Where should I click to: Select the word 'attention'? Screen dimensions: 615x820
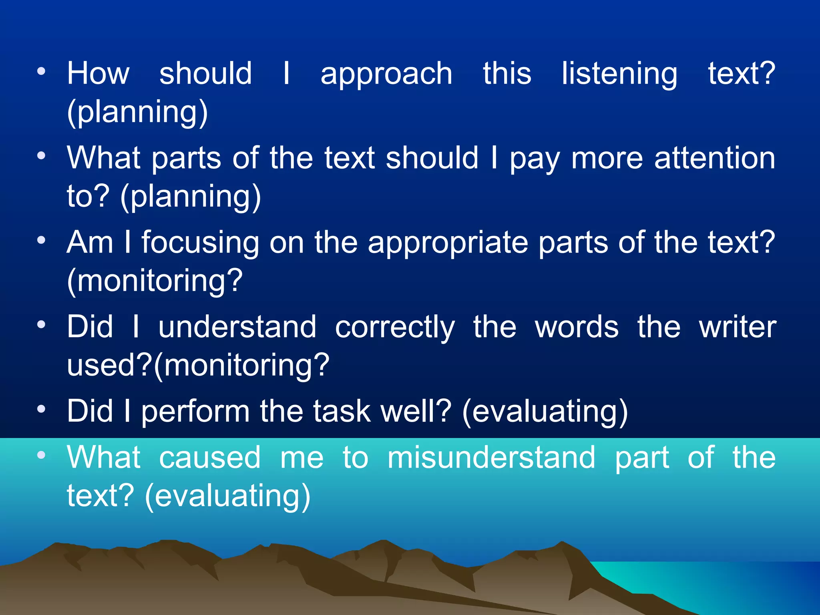click(x=715, y=158)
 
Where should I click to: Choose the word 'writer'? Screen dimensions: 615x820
click(x=738, y=327)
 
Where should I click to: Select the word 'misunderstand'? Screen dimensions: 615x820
click(x=491, y=457)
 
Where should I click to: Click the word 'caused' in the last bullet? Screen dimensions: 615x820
click(x=210, y=457)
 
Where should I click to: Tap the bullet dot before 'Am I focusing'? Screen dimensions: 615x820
click(x=41, y=241)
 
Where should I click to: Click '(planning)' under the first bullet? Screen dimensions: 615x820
click(x=137, y=113)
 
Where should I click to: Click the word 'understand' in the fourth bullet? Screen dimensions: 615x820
click(x=237, y=327)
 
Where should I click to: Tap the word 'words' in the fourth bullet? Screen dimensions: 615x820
click(x=577, y=327)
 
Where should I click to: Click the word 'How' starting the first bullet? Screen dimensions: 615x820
click(x=98, y=74)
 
